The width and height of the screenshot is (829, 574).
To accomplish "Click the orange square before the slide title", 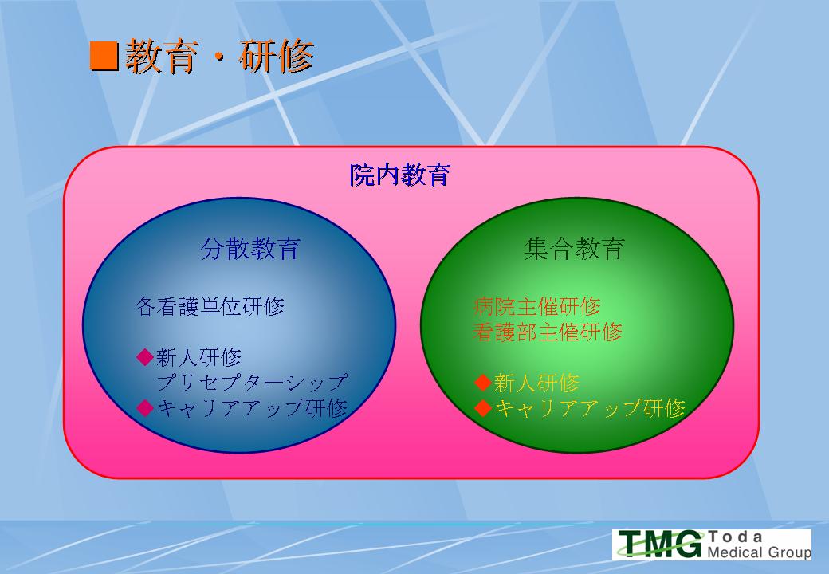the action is pos(104,56).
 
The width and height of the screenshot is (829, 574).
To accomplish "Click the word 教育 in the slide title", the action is pos(163,56).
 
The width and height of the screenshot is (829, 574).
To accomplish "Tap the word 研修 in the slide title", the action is pos(277,56).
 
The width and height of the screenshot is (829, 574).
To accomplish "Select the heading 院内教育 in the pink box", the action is pos(399,175).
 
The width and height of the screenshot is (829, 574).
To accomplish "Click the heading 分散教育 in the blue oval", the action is pos(250,248).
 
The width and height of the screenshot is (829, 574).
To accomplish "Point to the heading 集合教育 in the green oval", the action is pos(574,248).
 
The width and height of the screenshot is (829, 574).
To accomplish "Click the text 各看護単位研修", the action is pos(210,306).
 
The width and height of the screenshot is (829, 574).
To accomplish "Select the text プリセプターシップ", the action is pos(252,382).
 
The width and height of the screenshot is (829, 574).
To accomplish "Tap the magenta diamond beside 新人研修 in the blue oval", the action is pos(145,357).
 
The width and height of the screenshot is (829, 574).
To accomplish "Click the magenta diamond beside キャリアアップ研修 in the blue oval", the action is pos(145,407).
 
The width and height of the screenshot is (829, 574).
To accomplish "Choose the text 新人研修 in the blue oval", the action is pos(198,357).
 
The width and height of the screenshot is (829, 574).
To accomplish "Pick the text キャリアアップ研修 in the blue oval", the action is pos(252,407).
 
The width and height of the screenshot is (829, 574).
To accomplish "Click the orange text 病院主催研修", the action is pos(537,306).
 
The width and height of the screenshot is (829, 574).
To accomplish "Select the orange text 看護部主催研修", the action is pos(548,332).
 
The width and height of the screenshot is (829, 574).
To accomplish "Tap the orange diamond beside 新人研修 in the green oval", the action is pos(483,382).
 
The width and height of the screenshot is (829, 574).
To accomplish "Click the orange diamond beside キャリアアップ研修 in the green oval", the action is pos(483,407).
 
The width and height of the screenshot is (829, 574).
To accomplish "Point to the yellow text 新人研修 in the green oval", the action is pos(536,383).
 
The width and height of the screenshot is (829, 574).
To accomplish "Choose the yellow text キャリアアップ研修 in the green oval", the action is pos(590,408).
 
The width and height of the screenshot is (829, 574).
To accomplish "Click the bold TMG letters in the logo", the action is pos(661,544).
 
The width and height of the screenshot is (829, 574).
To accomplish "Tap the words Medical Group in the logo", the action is pos(759,552).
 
